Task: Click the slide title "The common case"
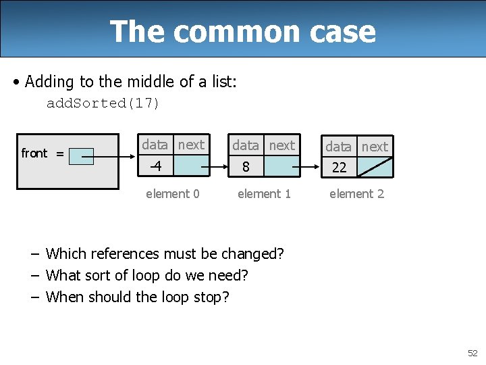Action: [242, 31]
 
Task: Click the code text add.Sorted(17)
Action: [103, 103]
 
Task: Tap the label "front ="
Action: [43, 153]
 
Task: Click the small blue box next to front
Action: [82, 156]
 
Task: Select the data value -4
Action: [156, 166]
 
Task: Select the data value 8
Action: [246, 166]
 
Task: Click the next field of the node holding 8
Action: [281, 166]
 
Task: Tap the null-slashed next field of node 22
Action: [375, 167]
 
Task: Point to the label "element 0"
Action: [173, 194]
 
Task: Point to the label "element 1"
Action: [264, 194]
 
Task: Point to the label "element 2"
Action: [356, 194]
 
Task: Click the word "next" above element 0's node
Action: [191, 145]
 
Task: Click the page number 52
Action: [473, 353]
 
